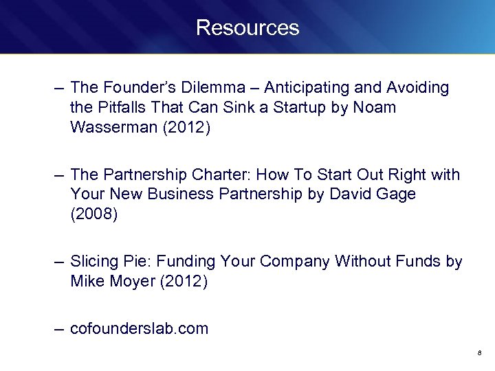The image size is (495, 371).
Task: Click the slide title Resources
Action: click(247, 27)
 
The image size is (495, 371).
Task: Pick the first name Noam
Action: click(375, 108)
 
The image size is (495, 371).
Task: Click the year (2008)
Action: click(94, 214)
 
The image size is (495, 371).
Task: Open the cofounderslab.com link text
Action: click(139, 328)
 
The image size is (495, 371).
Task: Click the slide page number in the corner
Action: click(478, 353)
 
